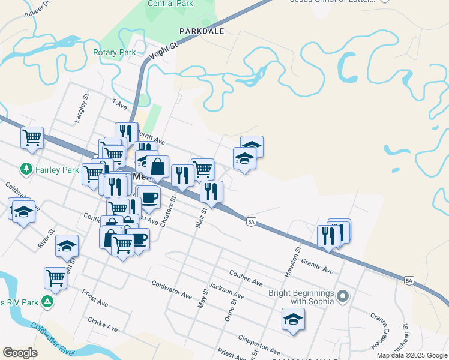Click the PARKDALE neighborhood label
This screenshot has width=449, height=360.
point(201,31)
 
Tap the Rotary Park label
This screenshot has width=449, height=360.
point(114,53)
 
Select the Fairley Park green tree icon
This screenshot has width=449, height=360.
point(26,169)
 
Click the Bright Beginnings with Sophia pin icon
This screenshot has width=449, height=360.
point(343,296)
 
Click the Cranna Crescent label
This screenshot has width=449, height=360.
point(378,332)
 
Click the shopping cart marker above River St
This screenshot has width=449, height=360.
point(55,278)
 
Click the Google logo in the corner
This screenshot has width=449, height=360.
point(20,353)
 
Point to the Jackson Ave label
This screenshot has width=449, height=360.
point(227,293)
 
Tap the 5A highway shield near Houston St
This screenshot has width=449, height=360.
point(252,222)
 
